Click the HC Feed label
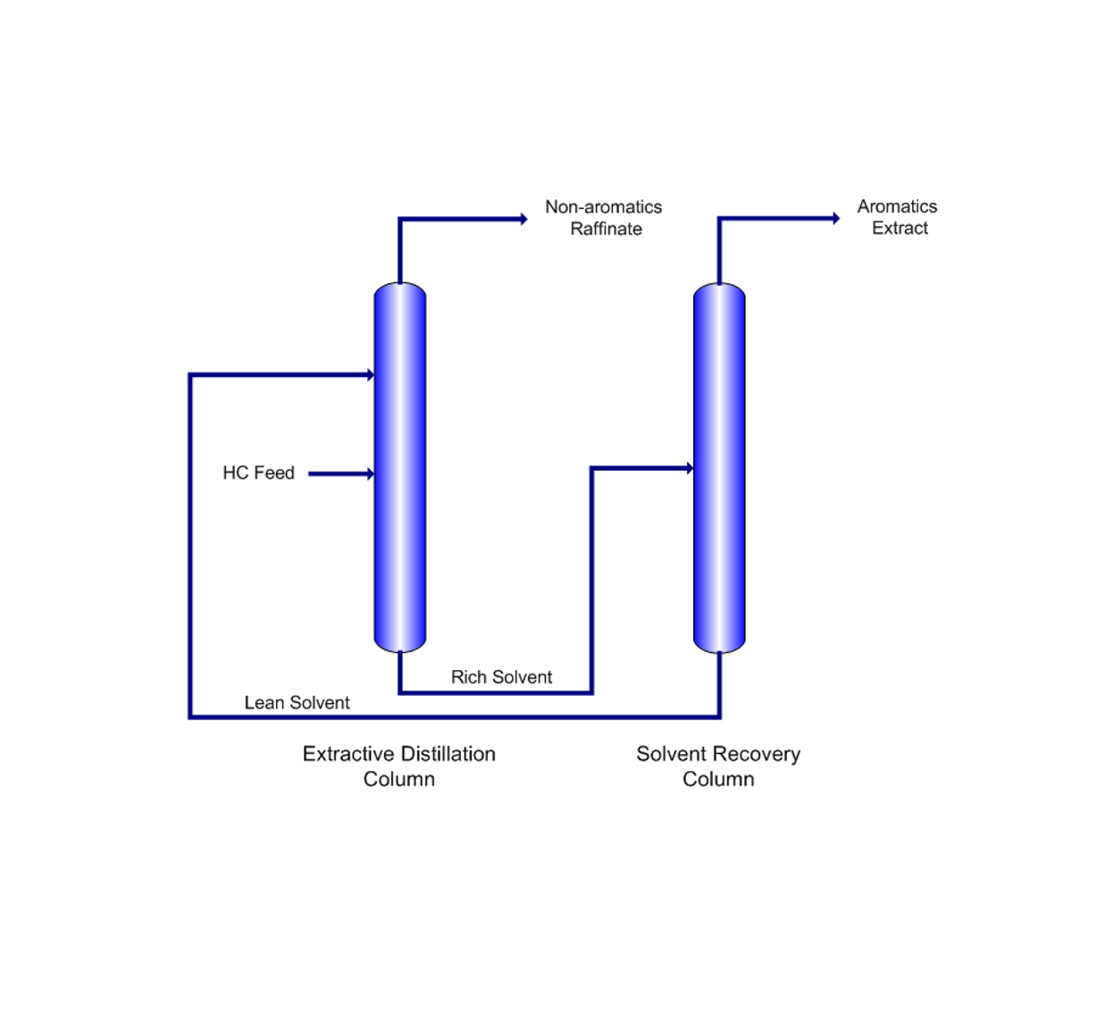[258, 473]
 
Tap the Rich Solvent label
[501, 677]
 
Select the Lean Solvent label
[297, 703]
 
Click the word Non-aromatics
[603, 207]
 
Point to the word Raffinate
[606, 229]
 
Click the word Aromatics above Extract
[897, 206]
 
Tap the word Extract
[900, 228]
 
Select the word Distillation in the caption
[450, 754]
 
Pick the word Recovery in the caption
[758, 754]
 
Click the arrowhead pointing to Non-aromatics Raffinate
[524, 219]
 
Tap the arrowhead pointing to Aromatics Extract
[836, 218]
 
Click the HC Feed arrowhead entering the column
[370, 473]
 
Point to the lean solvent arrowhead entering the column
[370, 375]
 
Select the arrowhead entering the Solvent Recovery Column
[690, 468]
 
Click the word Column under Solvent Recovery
[718, 779]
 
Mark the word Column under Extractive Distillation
[398, 779]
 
